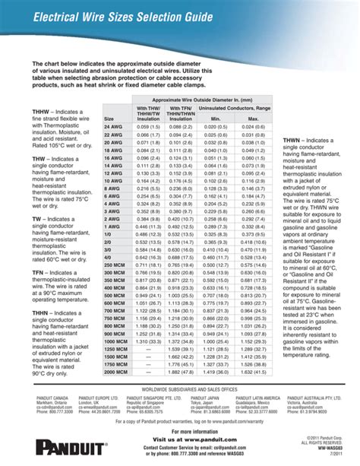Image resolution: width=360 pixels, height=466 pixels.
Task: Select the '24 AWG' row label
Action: pos(112,127)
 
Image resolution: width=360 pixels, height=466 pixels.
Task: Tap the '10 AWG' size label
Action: pos(112,182)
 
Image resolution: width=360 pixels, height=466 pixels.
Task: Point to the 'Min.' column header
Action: pos(215,119)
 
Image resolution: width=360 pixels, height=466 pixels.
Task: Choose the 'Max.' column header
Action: pos(254,119)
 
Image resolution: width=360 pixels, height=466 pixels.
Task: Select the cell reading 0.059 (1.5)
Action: pos(147,127)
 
